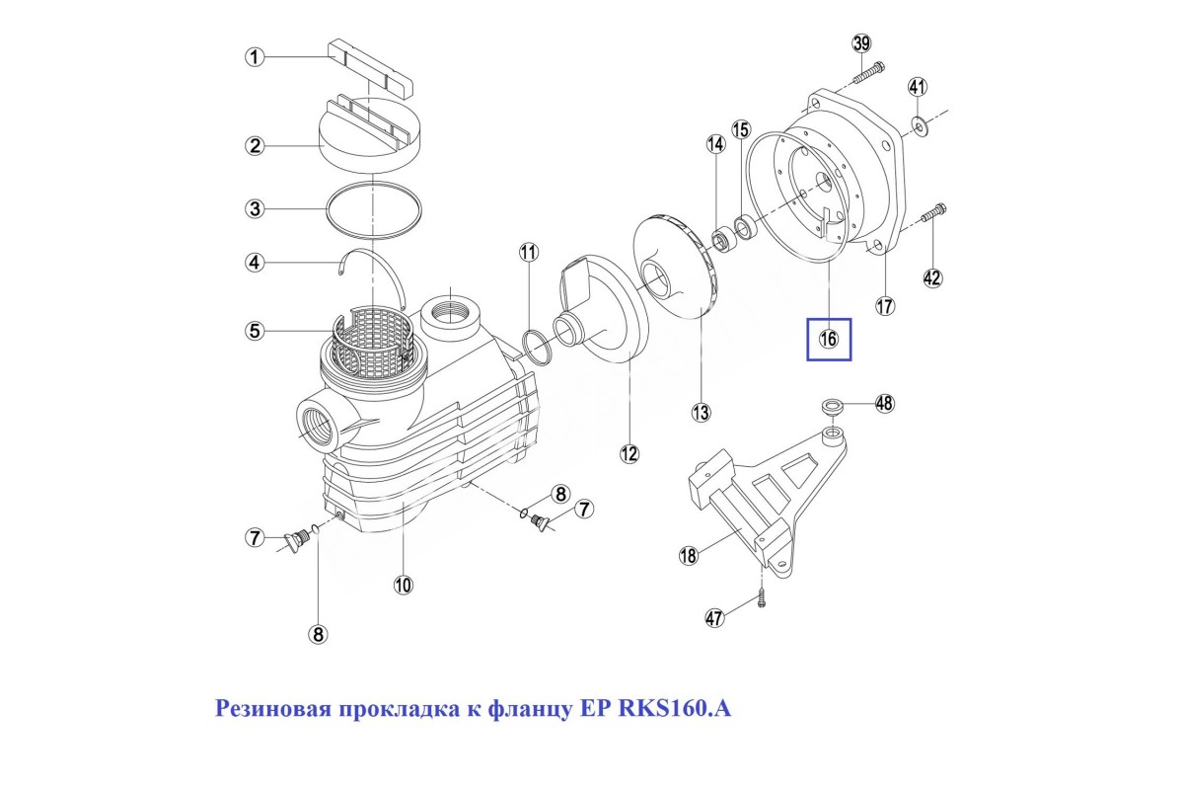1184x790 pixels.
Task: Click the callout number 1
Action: point(255,56)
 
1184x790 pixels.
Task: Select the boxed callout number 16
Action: point(828,339)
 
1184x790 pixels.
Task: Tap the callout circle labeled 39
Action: point(861,43)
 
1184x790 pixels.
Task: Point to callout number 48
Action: point(884,403)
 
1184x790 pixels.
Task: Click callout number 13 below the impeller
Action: point(701,412)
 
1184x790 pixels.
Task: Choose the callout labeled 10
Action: point(403,585)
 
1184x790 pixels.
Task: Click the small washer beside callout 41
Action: point(922,126)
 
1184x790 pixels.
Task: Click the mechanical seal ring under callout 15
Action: point(745,227)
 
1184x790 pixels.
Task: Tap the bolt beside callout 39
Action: point(869,73)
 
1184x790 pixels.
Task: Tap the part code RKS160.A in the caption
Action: point(675,708)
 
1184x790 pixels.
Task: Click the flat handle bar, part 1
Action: point(370,68)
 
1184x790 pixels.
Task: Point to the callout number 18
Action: point(688,555)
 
